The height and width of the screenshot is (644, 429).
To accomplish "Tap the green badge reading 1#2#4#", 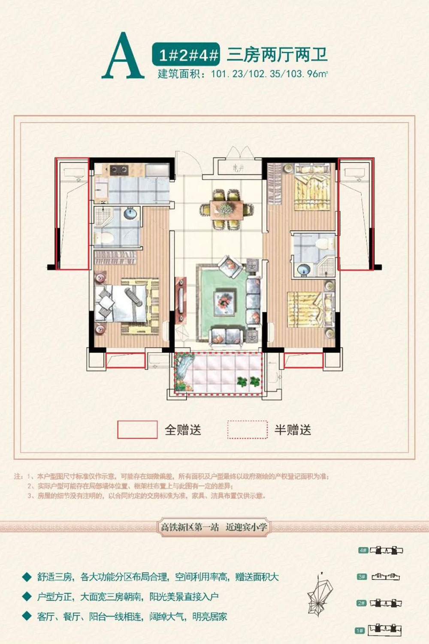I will click(188, 55).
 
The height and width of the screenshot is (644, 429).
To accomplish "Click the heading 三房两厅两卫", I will click(277, 55).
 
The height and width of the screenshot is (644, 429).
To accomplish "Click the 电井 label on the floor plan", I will click(239, 169).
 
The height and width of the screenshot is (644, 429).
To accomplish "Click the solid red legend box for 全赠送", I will click(137, 430).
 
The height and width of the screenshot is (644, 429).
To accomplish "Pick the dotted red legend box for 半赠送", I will click(248, 430).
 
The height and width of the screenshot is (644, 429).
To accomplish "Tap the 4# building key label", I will click(363, 550).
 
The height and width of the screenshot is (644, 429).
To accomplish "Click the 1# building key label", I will click(360, 631).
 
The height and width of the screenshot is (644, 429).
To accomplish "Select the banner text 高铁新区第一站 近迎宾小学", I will click(214, 527).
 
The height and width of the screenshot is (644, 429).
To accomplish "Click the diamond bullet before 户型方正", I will click(27, 596).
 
